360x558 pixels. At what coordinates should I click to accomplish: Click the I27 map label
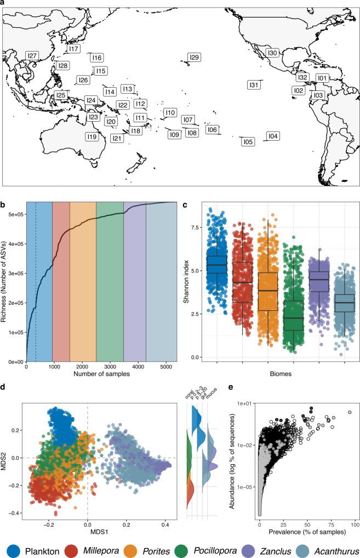point(32,56)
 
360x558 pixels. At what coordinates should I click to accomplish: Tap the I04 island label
point(272,136)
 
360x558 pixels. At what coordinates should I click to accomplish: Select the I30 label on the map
point(272,53)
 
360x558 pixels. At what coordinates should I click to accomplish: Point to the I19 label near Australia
point(92,136)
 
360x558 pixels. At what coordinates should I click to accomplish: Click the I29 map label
point(194,58)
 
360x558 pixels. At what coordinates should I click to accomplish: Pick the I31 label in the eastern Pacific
point(253,85)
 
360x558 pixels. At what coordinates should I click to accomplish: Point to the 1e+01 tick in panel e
point(243,403)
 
